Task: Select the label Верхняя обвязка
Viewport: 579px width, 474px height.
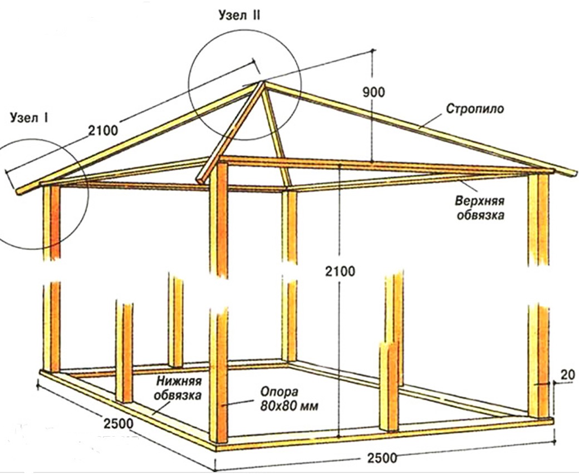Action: pyautogui.click(x=480, y=207)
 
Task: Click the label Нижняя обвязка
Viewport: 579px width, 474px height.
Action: pyautogui.click(x=179, y=388)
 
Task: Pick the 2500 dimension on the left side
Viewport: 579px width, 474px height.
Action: pyautogui.click(x=117, y=423)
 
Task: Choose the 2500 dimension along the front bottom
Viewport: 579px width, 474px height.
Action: pyautogui.click(x=382, y=458)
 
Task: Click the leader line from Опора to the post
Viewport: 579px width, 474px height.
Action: pyautogui.click(x=239, y=405)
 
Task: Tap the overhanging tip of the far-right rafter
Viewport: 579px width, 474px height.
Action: pyautogui.click(x=573, y=173)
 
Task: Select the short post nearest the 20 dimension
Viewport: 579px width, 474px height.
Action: pyautogui.click(x=389, y=387)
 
